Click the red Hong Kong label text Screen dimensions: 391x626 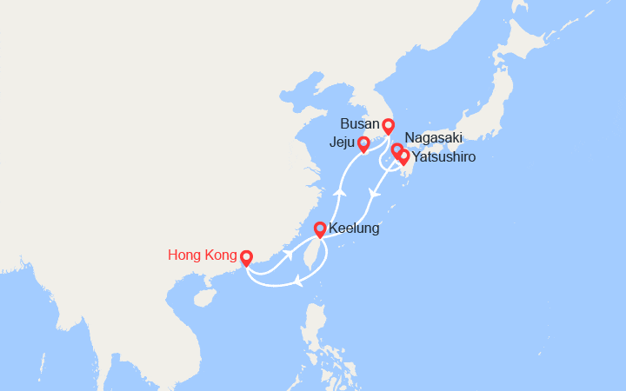tap(202, 255)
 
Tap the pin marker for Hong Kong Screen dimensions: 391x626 tap(246, 258)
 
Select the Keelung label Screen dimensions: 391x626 tap(354, 229)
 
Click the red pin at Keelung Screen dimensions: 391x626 tap(320, 229)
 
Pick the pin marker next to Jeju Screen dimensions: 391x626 tap(364, 143)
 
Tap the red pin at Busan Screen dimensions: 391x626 tap(389, 126)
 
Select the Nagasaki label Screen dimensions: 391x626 tap(434, 138)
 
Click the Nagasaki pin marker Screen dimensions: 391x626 tap(396, 151)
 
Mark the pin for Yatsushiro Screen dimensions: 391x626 tap(403, 157)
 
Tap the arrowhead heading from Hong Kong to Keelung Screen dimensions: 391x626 tap(287, 254)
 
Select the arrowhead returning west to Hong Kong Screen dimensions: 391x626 tap(298, 280)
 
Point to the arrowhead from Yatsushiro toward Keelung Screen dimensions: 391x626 tap(374, 195)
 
